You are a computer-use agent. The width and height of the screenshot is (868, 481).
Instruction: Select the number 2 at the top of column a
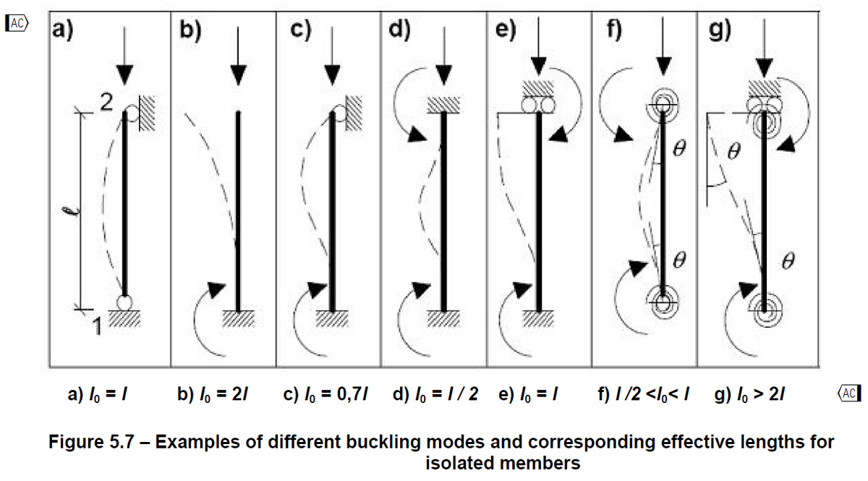tap(106, 104)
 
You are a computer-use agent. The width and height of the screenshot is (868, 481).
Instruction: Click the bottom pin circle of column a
tap(125, 301)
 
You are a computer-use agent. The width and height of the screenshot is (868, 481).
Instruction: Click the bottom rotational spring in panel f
tap(661, 301)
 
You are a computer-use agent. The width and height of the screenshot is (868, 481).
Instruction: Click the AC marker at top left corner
tap(16, 24)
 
